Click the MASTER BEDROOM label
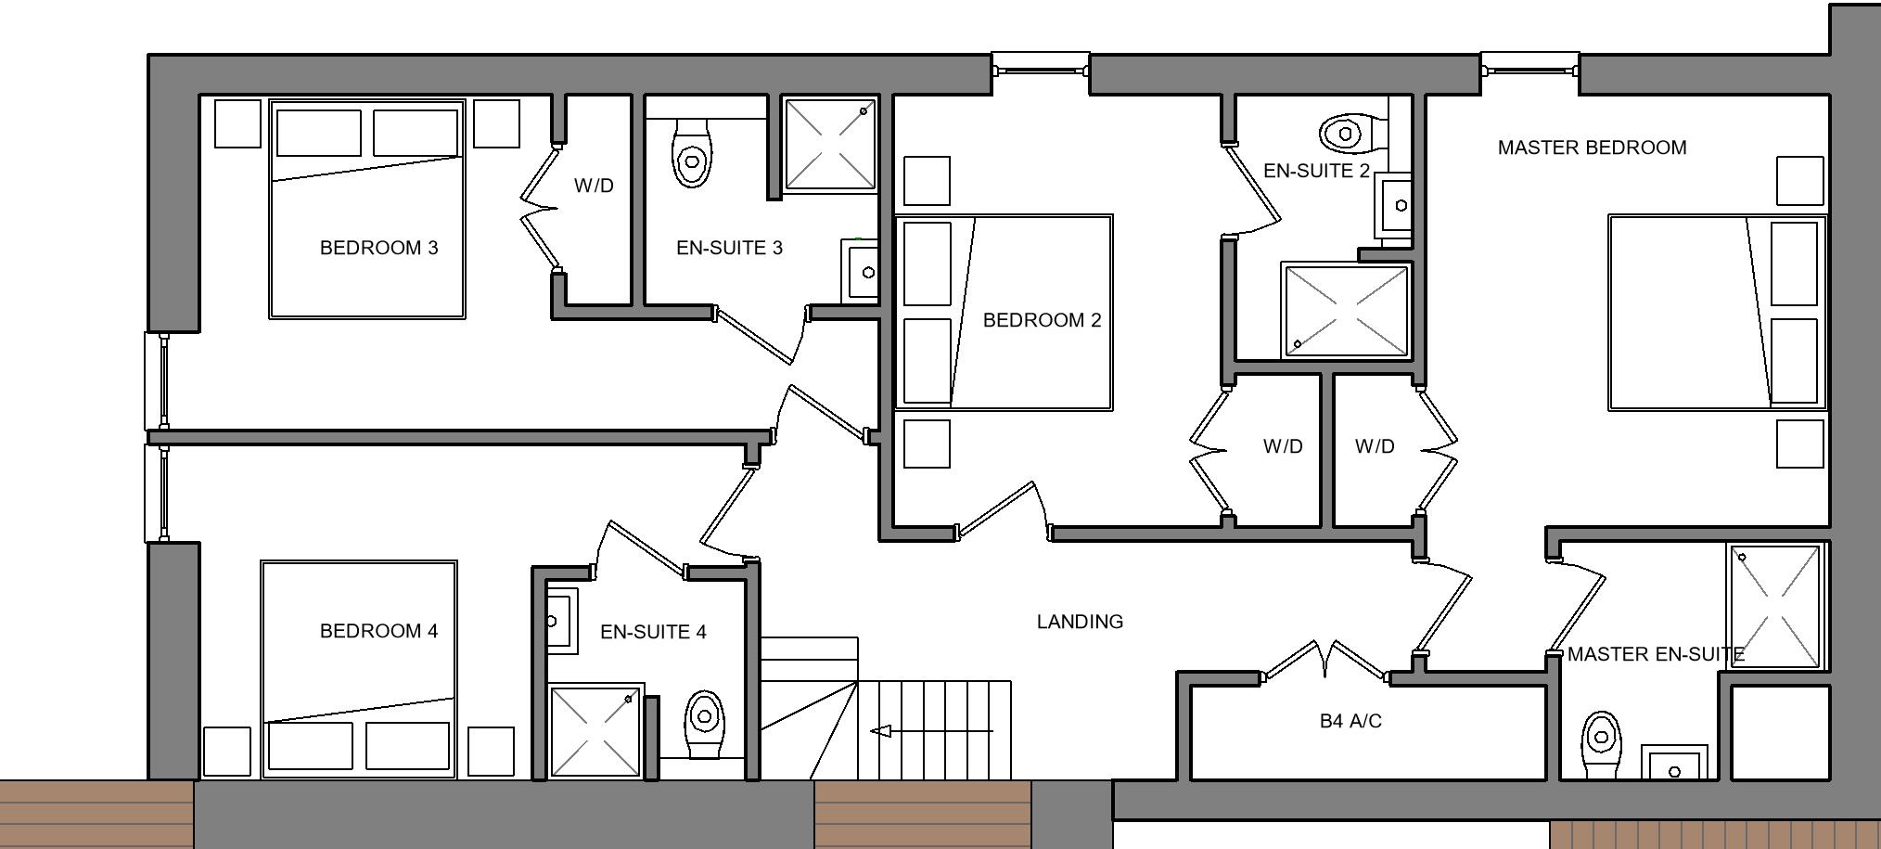pyautogui.click(x=1592, y=148)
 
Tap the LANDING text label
pyautogui.click(x=1080, y=622)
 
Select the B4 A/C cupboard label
pyautogui.click(x=1350, y=721)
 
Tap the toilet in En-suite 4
pyautogui.click(x=704, y=724)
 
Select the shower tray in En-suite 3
pyautogui.click(x=829, y=144)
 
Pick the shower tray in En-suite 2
pyautogui.click(x=1345, y=311)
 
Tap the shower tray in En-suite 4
pyautogui.click(x=595, y=730)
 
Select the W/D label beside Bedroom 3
pyautogui.click(x=594, y=186)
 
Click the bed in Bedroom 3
pyautogui.click(x=367, y=209)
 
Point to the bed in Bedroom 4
pyautogui.click(x=359, y=668)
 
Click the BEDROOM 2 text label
pyautogui.click(x=1042, y=320)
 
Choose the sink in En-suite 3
pyautogui.click(x=862, y=271)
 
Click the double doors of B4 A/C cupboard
pyautogui.click(x=1324, y=661)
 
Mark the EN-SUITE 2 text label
pyautogui.click(x=1316, y=171)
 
